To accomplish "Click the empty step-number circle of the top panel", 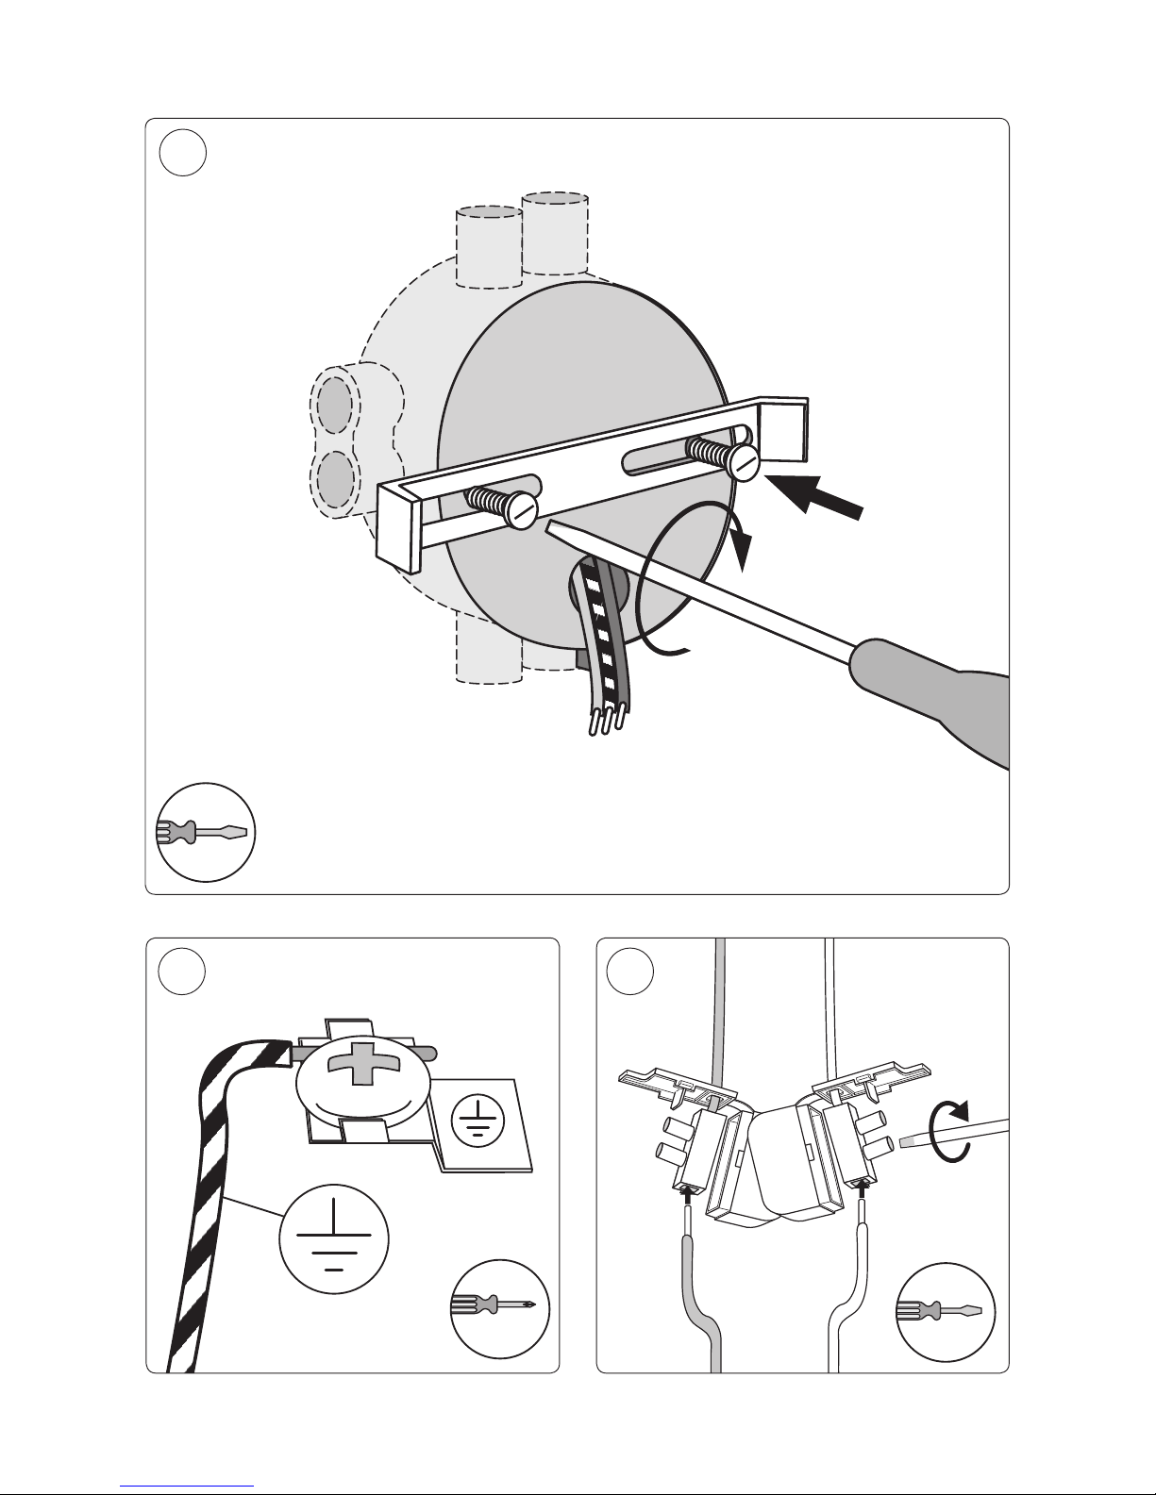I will pyautogui.click(x=182, y=152).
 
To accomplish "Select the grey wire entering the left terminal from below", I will pyautogui.click(x=698, y=1292).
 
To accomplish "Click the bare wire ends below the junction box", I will pyautogui.click(x=606, y=723).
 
